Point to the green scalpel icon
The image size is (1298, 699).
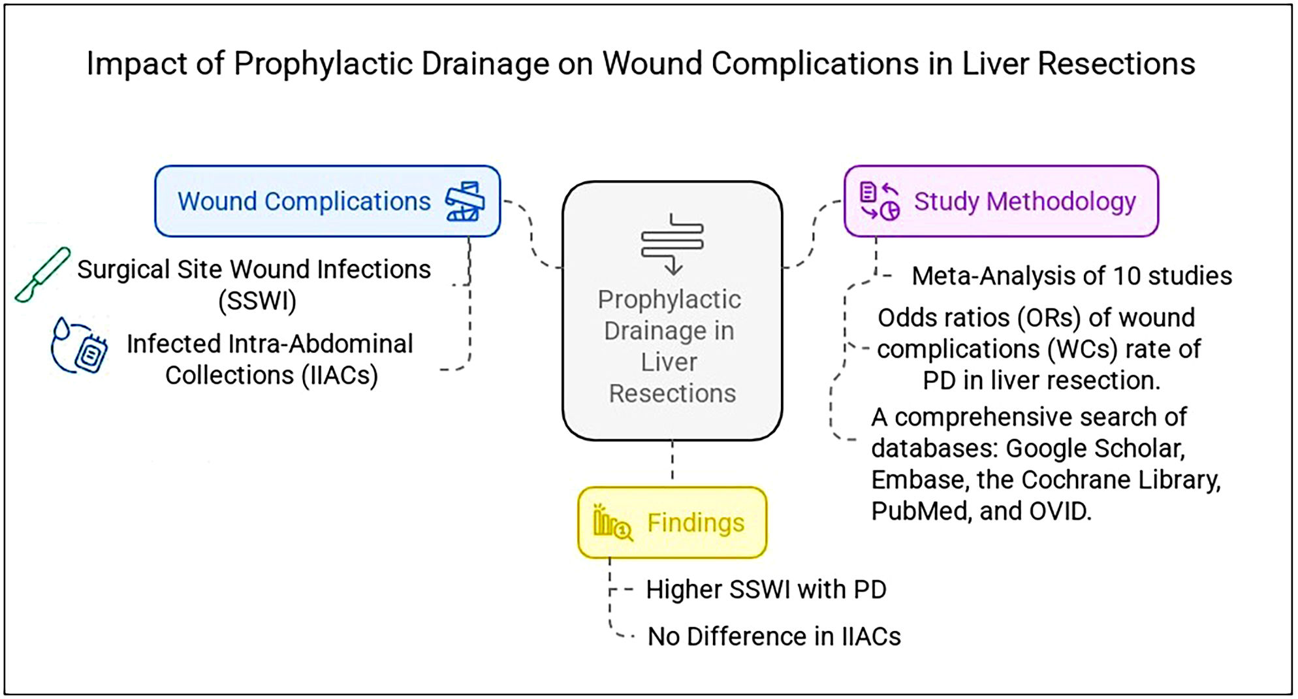point(42,274)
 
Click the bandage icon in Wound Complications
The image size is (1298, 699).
point(465,201)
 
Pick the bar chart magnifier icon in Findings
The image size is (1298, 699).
point(612,523)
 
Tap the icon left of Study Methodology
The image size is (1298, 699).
point(879,201)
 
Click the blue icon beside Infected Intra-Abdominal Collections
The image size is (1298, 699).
point(79,347)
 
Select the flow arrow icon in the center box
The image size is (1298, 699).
point(673,244)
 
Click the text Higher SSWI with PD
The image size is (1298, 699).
point(766,589)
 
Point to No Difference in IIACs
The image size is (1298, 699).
point(774,636)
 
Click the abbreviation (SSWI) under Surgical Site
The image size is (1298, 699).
point(257,301)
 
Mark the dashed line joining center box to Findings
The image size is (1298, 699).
point(673,461)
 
